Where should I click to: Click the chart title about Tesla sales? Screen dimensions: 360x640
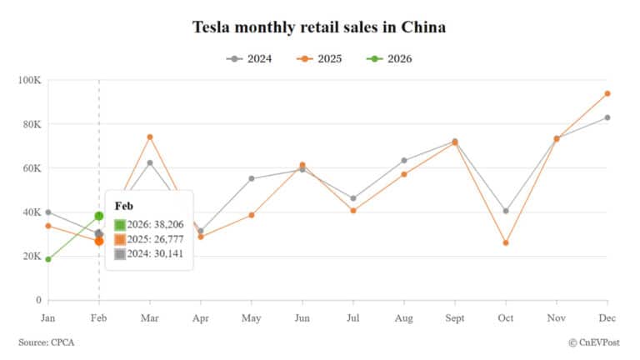pyautogui.click(x=319, y=27)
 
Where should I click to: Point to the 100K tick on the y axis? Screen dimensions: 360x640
pyautogui.click(x=30, y=80)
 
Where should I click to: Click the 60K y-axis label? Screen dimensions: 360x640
pyautogui.click(x=32, y=168)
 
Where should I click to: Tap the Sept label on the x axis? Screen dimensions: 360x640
pyautogui.click(x=454, y=317)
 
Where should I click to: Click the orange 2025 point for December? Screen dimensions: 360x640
pyautogui.click(x=607, y=93)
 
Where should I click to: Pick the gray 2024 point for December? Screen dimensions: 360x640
pyautogui.click(x=607, y=117)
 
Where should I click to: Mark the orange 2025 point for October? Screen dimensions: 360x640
pyautogui.click(x=506, y=242)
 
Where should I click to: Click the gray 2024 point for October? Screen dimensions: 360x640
pyautogui.click(x=506, y=211)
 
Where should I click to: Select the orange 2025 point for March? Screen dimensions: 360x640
pyautogui.click(x=150, y=137)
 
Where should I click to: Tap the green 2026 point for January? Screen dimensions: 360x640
pyautogui.click(x=48, y=259)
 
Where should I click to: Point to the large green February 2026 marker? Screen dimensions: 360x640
pyautogui.click(x=99, y=216)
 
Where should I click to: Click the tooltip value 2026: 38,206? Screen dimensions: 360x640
pyautogui.click(x=154, y=224)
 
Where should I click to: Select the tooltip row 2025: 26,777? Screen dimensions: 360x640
pyautogui.click(x=154, y=239)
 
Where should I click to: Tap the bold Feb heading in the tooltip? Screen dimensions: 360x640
pyautogui.click(x=124, y=206)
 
